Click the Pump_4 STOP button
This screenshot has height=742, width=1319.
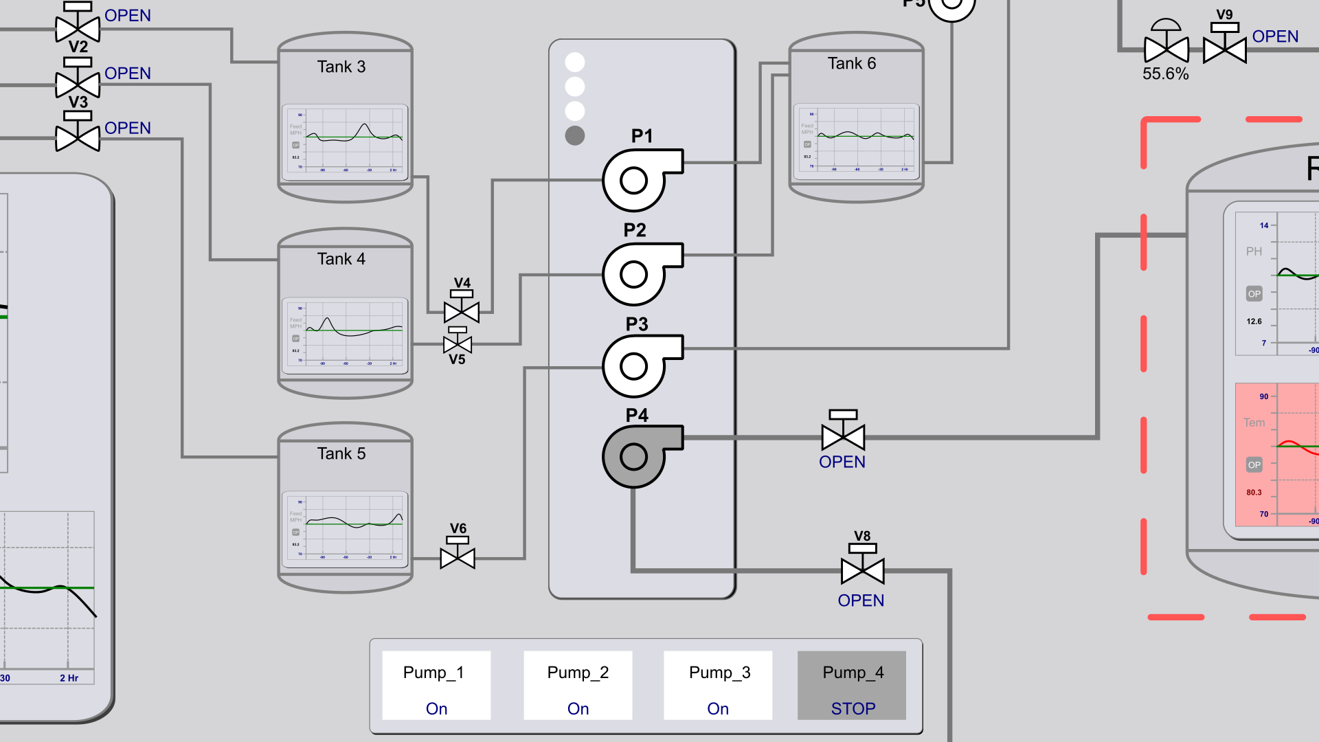[852, 686]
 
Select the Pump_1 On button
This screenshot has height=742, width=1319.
[436, 686]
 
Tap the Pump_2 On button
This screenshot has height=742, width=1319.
[578, 686]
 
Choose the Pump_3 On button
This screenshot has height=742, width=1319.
[718, 686]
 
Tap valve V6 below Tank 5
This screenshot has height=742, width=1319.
[458, 556]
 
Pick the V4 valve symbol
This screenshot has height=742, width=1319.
[462, 311]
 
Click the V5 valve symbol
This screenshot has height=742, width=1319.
[458, 344]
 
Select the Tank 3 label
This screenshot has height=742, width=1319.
[341, 67]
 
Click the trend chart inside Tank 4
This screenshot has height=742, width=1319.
[346, 335]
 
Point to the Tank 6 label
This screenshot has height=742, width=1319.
[852, 63]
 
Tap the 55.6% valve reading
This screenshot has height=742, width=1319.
[1165, 74]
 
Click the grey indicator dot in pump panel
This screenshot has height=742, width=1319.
[575, 135]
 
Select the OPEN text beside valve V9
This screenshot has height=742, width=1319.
[1275, 36]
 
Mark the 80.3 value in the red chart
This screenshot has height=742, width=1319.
[1254, 492]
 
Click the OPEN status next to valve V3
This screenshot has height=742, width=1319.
[128, 128]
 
